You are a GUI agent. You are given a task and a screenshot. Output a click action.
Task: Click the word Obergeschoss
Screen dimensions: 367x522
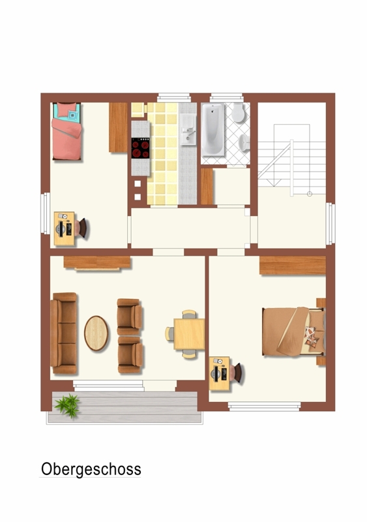(91, 469)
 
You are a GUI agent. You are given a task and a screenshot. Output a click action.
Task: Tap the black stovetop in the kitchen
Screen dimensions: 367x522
(140, 148)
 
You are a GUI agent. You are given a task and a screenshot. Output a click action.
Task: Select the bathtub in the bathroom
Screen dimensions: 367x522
(213, 130)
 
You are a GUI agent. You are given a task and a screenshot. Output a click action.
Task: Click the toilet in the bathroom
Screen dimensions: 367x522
(238, 113)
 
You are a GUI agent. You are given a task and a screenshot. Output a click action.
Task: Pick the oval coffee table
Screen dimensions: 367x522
(96, 333)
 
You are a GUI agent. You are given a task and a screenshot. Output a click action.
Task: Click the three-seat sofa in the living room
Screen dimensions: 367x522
(63, 333)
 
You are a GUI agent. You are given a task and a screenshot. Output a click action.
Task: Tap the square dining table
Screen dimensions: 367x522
(189, 334)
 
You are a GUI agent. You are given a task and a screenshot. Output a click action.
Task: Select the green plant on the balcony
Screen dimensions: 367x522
(68, 405)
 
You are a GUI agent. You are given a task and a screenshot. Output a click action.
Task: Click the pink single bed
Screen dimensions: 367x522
(66, 131)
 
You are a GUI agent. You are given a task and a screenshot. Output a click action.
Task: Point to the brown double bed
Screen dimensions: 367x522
(293, 331)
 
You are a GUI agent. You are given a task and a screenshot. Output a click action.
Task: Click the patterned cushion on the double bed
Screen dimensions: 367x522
(312, 337)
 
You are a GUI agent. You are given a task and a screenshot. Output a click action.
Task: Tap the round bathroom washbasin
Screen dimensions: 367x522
(244, 143)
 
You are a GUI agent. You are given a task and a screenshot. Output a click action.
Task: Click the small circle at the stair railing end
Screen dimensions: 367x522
(310, 194)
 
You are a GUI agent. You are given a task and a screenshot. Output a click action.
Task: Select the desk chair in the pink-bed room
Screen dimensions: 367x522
(81, 228)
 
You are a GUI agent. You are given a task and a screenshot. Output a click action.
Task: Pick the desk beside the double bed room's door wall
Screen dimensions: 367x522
(219, 373)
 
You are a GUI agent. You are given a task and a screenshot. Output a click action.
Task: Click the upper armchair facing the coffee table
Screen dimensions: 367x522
(130, 316)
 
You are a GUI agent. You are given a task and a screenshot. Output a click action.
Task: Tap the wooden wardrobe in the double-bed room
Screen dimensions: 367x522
(293, 266)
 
